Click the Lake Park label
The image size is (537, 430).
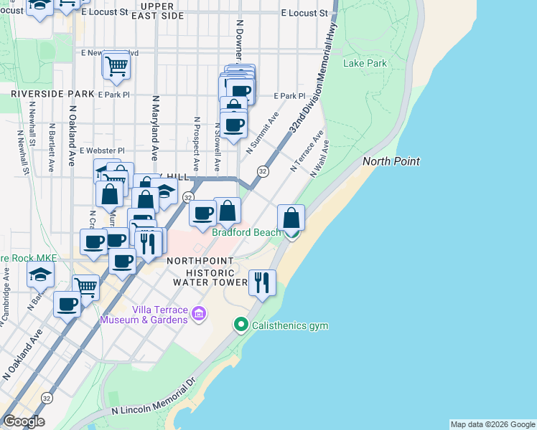click(x=365, y=63)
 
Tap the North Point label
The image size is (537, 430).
click(x=391, y=161)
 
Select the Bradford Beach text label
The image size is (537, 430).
click(x=246, y=232)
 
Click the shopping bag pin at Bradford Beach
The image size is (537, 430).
click(x=291, y=218)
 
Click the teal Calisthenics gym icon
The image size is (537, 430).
click(x=242, y=325)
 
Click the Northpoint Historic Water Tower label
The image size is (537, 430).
click(x=204, y=272)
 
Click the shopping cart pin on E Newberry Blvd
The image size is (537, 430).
click(x=116, y=67)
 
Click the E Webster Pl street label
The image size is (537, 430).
click(x=102, y=150)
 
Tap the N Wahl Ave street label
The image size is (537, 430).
click(x=319, y=158)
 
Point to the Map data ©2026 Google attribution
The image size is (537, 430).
click(x=492, y=424)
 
